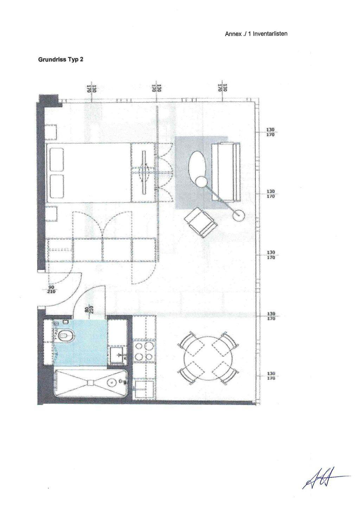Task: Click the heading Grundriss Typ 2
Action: [60, 59]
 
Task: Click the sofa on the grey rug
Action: [226, 172]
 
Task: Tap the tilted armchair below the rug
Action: [200, 222]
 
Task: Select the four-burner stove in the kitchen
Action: [144, 352]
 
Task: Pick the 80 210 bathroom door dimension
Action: [89, 310]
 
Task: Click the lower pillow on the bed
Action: [57, 187]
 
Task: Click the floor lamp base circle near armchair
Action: [239, 215]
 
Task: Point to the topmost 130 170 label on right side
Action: [270, 132]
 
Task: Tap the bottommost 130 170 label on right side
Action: [270, 376]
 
